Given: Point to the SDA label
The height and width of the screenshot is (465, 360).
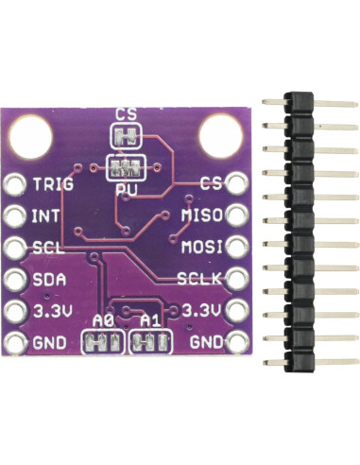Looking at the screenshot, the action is [47, 279].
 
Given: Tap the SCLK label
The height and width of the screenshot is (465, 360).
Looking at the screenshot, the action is [199, 279].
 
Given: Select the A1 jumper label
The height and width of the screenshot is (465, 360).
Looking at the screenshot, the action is [150, 321].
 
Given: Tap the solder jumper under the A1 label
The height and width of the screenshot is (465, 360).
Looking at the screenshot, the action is [150, 342].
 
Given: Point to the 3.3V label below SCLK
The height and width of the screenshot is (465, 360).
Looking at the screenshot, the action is [201, 311].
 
